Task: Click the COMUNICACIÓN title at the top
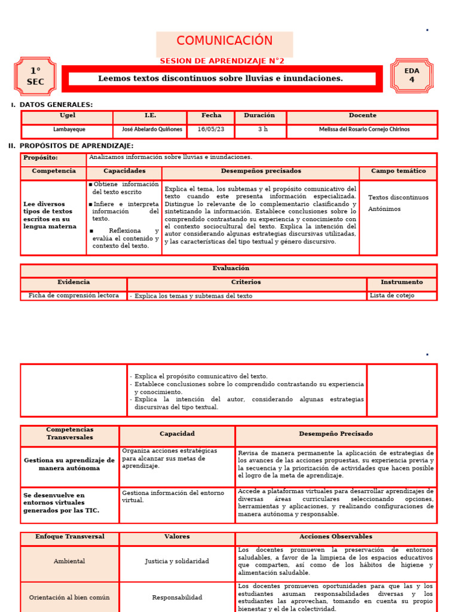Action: click(x=224, y=41)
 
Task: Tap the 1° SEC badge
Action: click(x=35, y=76)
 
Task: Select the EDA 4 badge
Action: click(x=412, y=75)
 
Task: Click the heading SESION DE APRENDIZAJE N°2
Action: click(x=222, y=61)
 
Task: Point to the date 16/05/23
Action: click(x=211, y=129)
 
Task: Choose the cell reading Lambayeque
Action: click(x=68, y=129)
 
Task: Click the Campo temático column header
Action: click(x=397, y=171)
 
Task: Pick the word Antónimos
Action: click(x=384, y=209)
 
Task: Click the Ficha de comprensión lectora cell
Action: click(x=74, y=296)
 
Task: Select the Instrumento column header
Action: click(x=401, y=282)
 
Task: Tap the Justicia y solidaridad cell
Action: click(x=177, y=561)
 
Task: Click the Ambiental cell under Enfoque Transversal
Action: click(x=69, y=561)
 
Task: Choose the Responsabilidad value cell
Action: click(x=177, y=597)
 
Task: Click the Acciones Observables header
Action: click(x=335, y=537)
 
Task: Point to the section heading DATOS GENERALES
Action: click(x=56, y=105)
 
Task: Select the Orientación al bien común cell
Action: click(x=69, y=597)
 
